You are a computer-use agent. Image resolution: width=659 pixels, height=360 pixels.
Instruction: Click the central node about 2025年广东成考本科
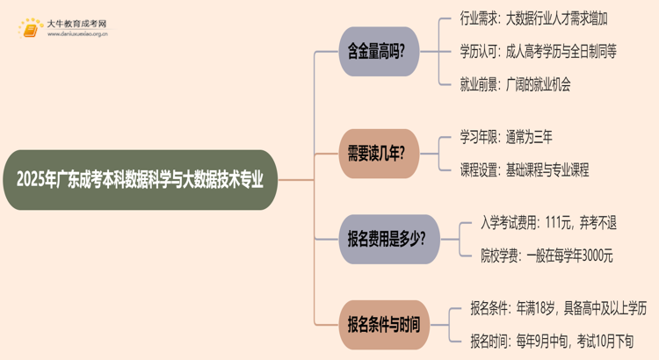pyautogui.click(x=145, y=180)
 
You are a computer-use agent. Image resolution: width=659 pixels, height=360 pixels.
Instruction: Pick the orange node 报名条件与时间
pyautogui.click(x=384, y=324)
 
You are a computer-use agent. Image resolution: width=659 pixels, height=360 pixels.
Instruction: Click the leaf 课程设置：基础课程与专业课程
pyautogui.click(x=524, y=169)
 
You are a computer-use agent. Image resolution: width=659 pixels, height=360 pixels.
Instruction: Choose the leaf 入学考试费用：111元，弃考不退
pyautogui.click(x=547, y=222)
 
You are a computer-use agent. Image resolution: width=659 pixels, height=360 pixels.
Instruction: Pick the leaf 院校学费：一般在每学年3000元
pyautogui.click(x=546, y=256)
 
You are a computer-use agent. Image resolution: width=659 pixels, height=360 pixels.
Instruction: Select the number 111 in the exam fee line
pyautogui.click(x=556, y=222)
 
